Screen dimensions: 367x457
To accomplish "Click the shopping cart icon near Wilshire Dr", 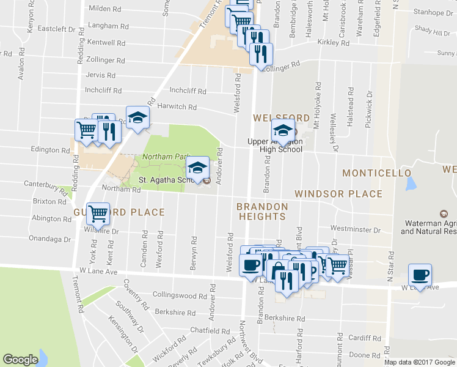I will pos(98,213).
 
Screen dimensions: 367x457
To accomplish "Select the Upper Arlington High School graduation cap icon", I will pos(283,130).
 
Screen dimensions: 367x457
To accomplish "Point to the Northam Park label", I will pos(163,157).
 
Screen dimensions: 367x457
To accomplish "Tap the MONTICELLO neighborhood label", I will pos(376,173).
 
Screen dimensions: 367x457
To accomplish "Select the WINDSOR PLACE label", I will pos(338,194).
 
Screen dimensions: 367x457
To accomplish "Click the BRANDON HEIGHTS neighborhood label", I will pos(262,212).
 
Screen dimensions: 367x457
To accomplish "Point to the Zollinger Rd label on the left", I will pos(106,61).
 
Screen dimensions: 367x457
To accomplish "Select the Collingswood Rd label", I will pos(175,295).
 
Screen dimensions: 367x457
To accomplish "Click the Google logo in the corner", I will pos(20,360).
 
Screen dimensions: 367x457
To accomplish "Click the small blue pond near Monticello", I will pos(410,183).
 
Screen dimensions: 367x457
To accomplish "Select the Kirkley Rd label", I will pos(334,43).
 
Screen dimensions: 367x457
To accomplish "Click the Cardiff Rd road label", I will pos(364,338).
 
